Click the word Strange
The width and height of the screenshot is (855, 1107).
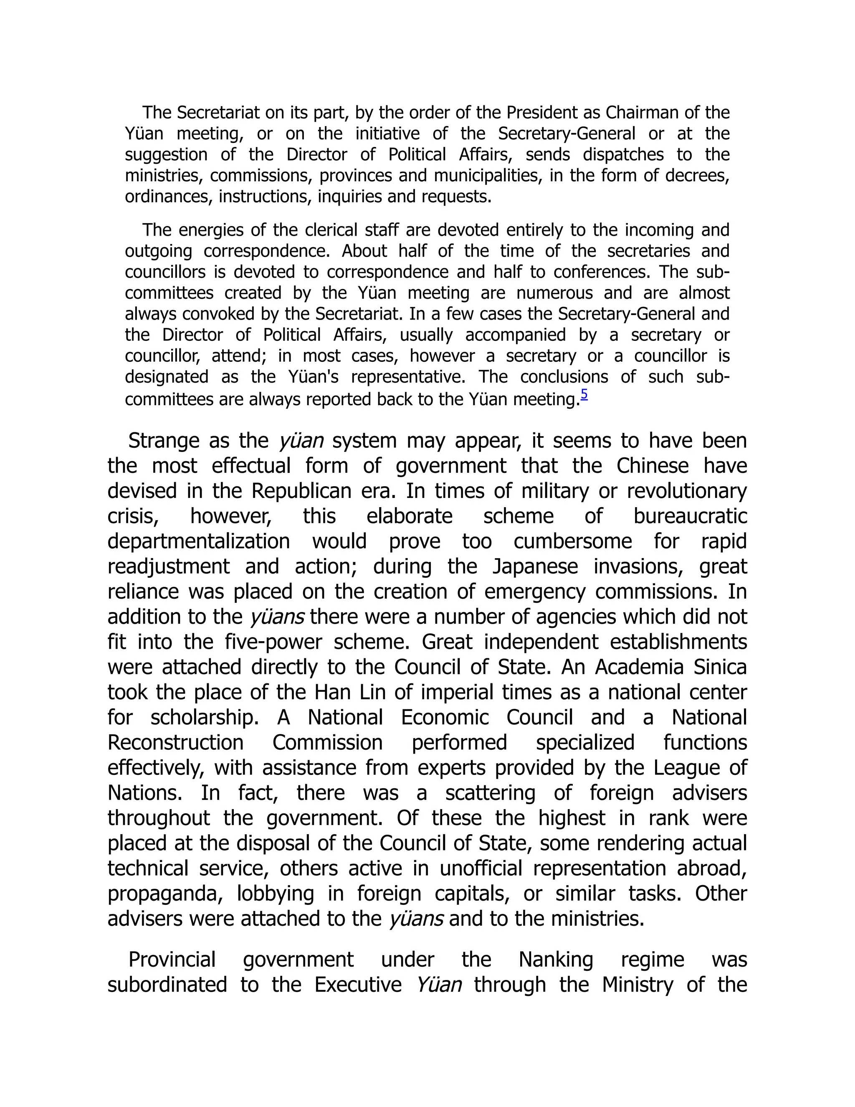point(164,440)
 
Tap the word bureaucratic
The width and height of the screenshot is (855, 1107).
point(690,516)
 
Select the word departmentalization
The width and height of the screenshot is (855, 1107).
point(199,541)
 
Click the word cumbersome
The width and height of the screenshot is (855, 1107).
point(572,541)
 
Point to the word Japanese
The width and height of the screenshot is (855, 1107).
point(535,566)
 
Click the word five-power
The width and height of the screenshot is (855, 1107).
point(273,642)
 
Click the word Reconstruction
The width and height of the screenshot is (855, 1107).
point(175,743)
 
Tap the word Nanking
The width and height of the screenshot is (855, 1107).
point(556,960)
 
